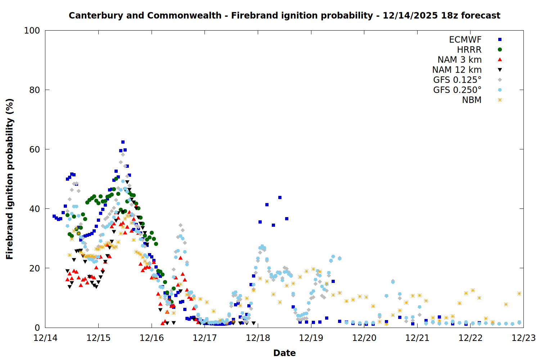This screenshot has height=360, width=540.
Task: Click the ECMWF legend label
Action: [x=465, y=40]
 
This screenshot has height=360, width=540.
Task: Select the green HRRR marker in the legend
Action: [x=500, y=50]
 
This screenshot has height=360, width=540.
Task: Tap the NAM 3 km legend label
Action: [x=459, y=60]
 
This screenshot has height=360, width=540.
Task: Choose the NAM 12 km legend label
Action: [x=457, y=70]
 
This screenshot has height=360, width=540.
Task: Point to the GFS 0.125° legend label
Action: [x=457, y=80]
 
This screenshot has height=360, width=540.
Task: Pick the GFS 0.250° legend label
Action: [x=457, y=90]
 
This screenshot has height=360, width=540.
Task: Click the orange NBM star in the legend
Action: [x=500, y=100]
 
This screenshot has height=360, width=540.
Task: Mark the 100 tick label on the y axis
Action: [x=32, y=31]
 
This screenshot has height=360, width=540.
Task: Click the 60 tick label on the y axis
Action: [x=35, y=149]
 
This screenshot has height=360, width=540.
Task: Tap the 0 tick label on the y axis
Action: [x=37, y=328]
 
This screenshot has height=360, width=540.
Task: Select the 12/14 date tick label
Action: [x=45, y=338]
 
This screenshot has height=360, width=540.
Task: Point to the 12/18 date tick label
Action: [x=258, y=338]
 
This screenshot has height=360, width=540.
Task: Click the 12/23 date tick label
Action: [x=523, y=338]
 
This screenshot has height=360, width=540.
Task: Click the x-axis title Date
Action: [x=284, y=353]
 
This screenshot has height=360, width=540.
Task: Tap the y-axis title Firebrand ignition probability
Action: [x=10, y=179]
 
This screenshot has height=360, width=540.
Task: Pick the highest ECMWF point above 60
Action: [x=123, y=142]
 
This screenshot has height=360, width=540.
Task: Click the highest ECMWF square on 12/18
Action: [x=280, y=197]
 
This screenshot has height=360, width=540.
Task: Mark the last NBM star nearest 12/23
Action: [x=519, y=294]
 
